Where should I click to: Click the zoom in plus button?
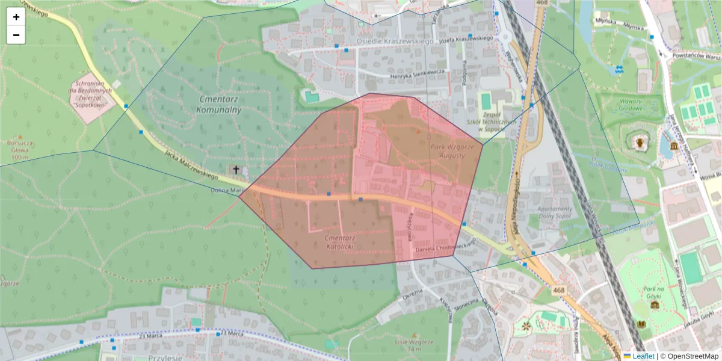coord(16,17)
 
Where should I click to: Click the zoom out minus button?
coord(16,35)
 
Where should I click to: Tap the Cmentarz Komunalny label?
coord(219,103)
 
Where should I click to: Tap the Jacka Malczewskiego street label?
coord(189,163)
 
